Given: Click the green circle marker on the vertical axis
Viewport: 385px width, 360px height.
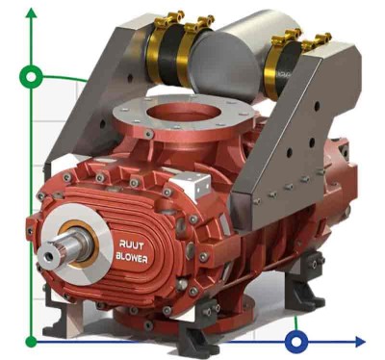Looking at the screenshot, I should pyautogui.click(x=32, y=78).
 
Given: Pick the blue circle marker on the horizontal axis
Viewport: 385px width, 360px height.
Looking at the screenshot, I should pyautogui.click(x=296, y=341).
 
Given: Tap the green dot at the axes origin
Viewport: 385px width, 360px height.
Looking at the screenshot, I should pyautogui.click(x=32, y=341).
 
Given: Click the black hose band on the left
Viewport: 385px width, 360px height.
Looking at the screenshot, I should pyautogui.click(x=166, y=48).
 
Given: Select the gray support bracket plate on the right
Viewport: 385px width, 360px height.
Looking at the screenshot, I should pyautogui.click(x=289, y=135).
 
